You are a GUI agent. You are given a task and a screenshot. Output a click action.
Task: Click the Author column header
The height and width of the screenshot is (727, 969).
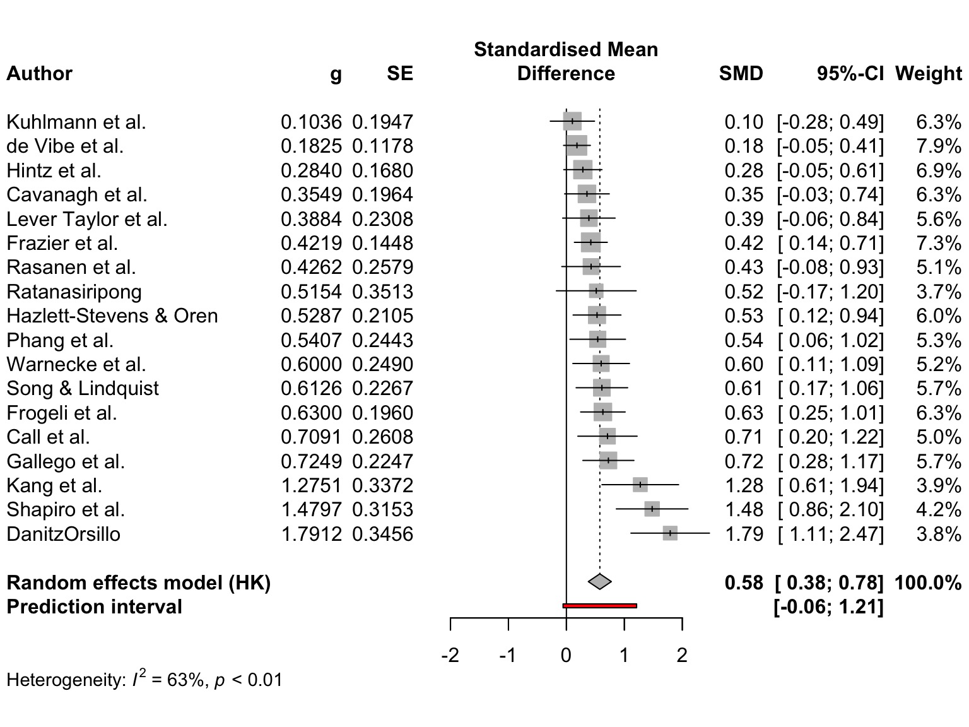coord(39,74)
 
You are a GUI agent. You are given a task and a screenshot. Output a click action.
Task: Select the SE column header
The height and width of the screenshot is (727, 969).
coord(400,74)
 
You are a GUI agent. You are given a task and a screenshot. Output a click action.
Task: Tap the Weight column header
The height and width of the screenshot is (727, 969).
coord(928,74)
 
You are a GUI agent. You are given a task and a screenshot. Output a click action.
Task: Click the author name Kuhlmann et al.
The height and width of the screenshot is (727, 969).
coord(76,122)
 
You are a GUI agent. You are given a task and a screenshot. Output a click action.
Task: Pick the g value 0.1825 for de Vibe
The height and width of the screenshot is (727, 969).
coord(311,146)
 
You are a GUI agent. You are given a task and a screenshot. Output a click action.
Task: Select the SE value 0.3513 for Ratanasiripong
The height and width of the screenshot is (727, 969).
coord(382,292)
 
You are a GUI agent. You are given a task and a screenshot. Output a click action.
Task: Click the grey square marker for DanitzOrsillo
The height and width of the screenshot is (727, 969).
coord(670,534)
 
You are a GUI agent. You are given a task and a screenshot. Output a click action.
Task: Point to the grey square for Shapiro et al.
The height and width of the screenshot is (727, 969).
coord(652,509)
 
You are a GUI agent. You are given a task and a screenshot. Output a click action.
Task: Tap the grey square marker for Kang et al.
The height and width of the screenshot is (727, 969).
coord(640,485)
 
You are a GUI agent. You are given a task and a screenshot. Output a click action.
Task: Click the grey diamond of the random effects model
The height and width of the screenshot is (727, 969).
coord(599,582)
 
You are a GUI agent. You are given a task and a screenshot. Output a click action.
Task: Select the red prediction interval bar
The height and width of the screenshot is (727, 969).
coord(599,606)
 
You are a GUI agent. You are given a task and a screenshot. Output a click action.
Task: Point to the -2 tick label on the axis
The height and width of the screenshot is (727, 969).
coord(450,655)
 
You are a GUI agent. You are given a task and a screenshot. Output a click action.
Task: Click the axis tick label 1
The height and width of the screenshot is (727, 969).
coord(624,655)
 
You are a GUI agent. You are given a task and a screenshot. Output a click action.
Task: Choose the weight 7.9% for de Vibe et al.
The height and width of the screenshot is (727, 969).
coord(938,146)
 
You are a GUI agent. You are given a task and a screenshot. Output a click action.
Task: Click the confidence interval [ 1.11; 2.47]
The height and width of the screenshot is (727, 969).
coord(830,534)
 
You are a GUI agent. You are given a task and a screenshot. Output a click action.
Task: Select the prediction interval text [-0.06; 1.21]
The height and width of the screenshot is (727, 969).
coord(828,606)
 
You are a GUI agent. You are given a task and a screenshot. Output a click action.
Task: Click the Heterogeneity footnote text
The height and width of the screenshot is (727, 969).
coord(144,680)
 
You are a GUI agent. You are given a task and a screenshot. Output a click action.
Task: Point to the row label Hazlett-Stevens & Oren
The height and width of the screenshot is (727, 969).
coord(112,316)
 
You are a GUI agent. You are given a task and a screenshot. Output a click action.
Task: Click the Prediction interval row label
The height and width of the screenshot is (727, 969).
coord(94,606)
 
